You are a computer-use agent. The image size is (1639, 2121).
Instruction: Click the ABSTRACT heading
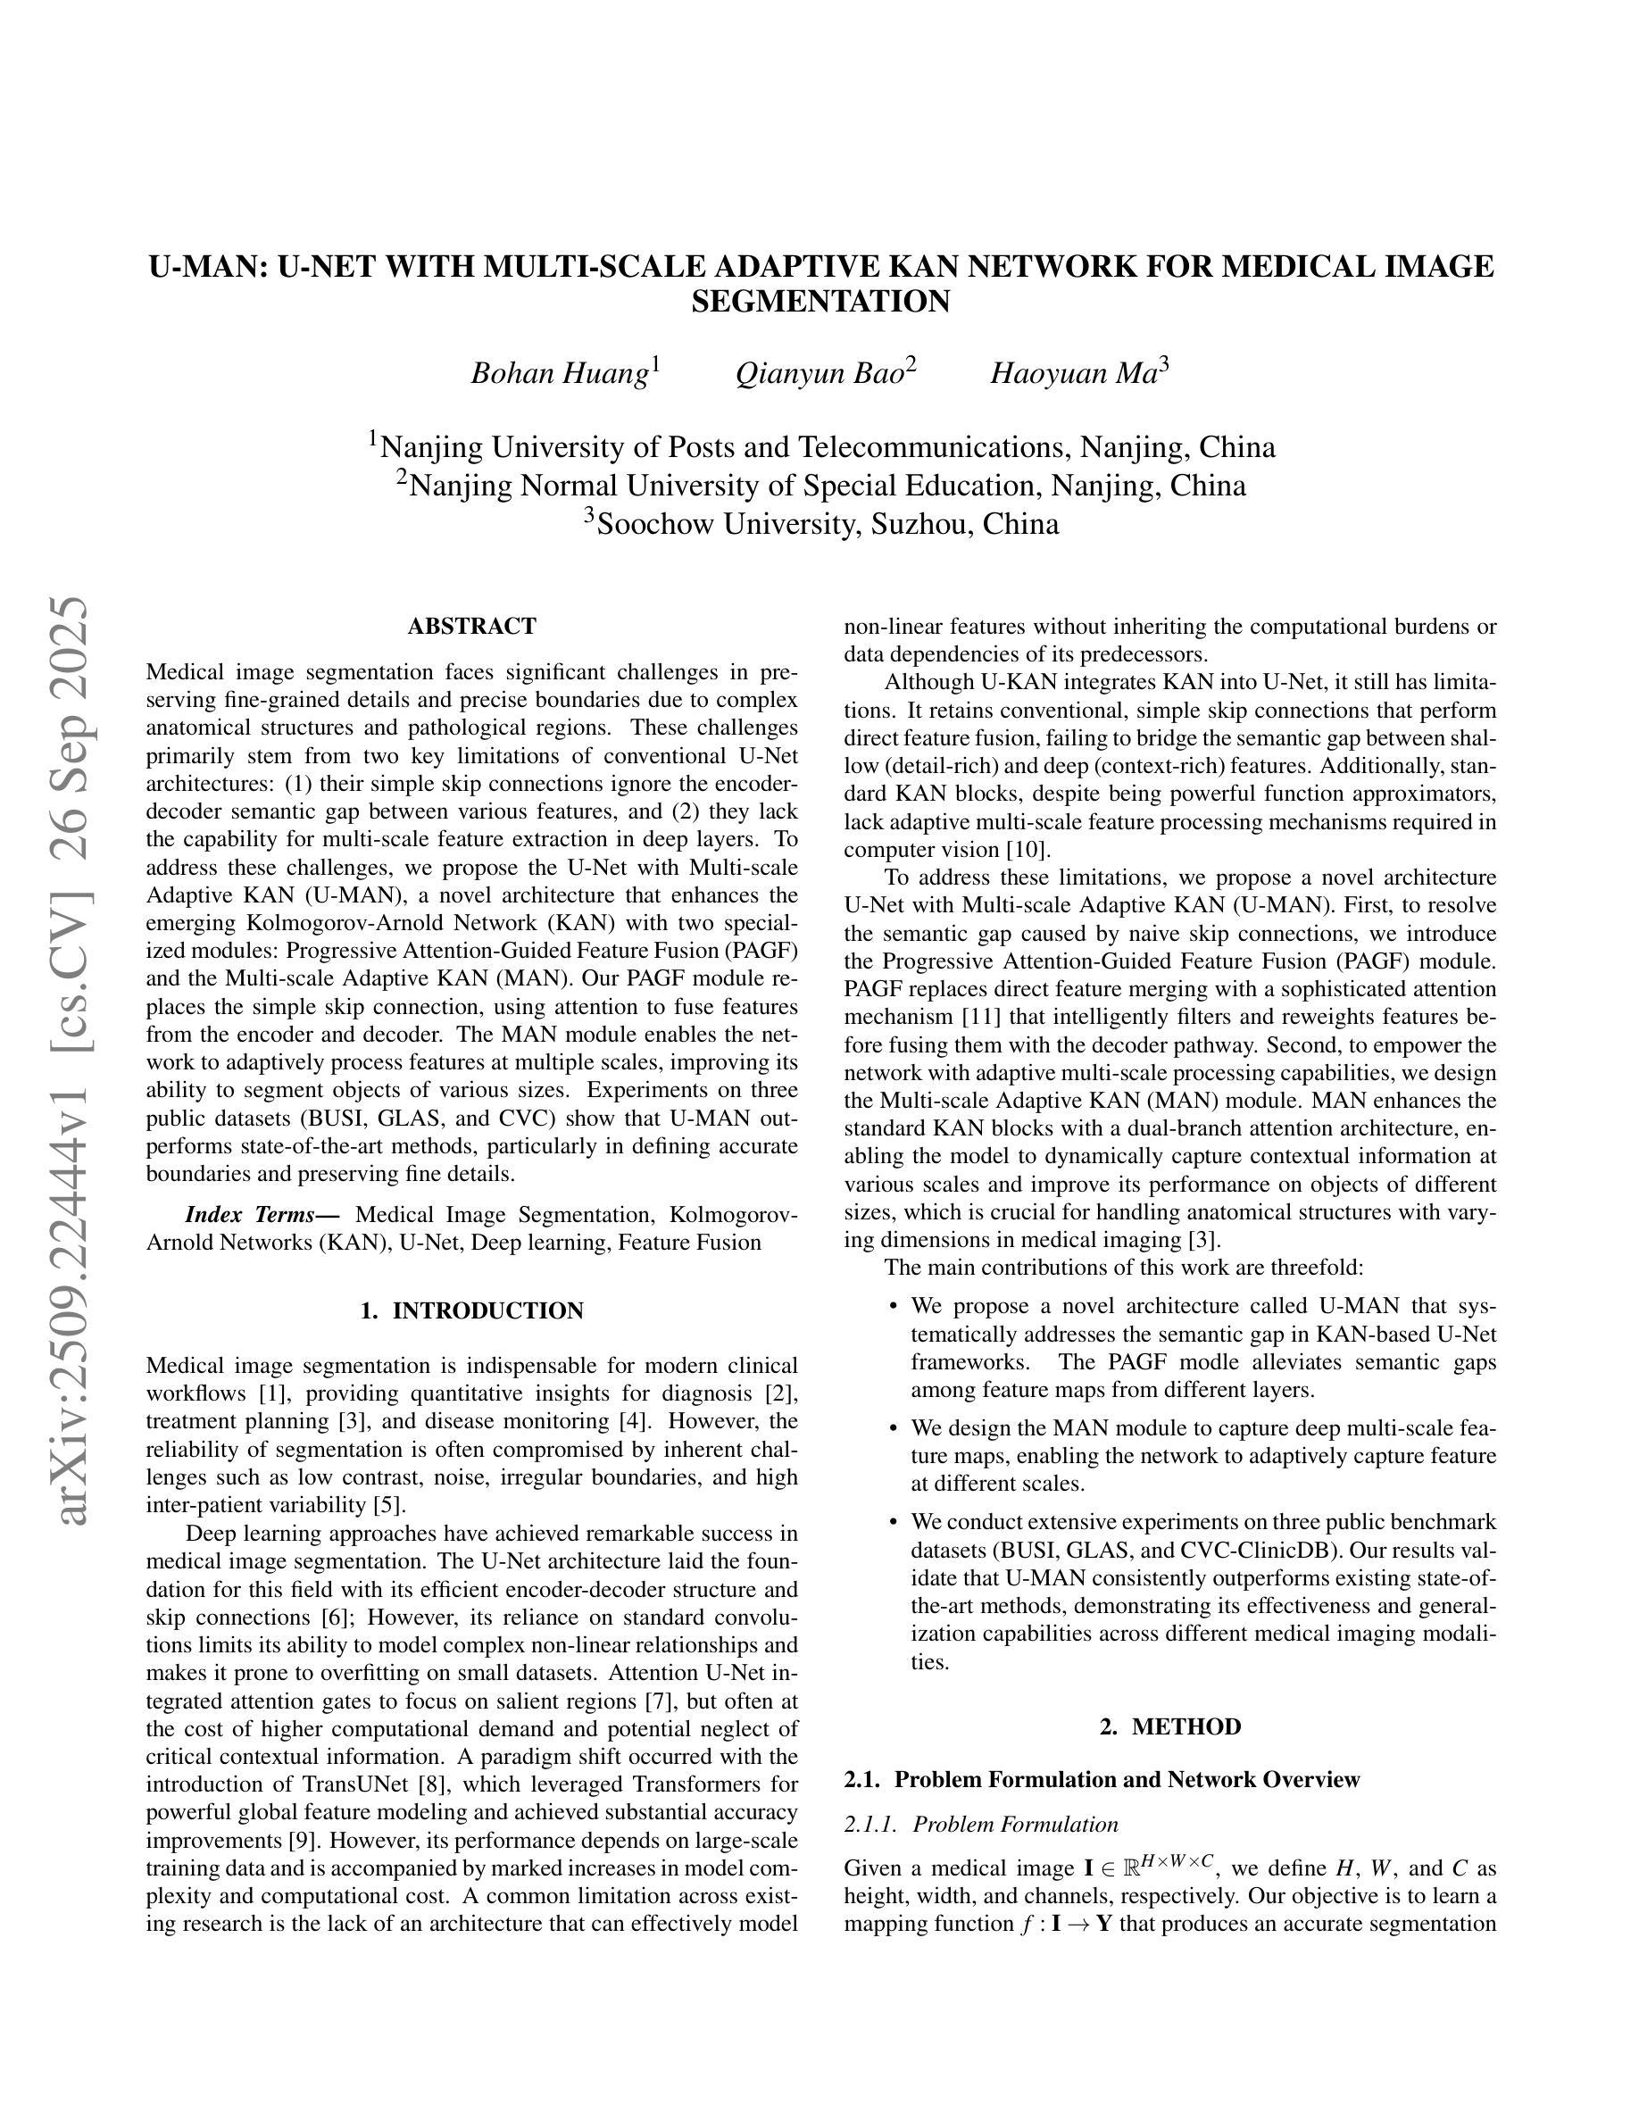pos(472,627)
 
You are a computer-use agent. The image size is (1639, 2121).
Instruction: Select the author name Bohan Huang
pos(560,373)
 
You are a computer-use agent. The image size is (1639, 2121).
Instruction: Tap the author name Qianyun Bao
pos(819,373)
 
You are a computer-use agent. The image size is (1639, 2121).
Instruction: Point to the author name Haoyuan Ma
pos(1073,373)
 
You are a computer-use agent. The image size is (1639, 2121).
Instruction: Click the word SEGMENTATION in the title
pos(820,302)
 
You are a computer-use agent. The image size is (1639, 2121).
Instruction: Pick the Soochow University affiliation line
pos(820,523)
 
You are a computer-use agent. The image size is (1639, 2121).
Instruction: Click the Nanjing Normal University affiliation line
pos(820,485)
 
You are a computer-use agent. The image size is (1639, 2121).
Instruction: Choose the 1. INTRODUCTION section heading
pos(472,1311)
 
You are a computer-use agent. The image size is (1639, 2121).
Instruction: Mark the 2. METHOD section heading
pos(1170,1726)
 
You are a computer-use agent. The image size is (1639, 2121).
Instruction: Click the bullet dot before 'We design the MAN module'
pos(893,1428)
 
